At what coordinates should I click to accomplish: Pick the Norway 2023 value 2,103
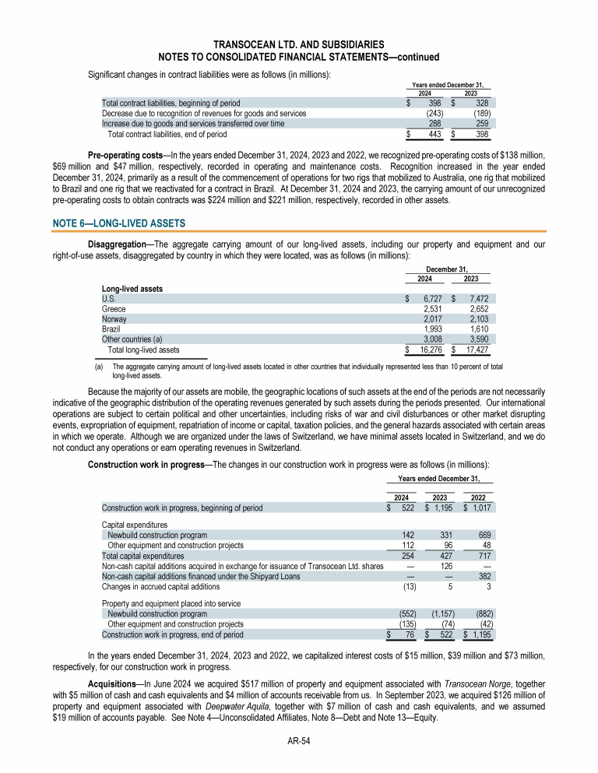[478, 318]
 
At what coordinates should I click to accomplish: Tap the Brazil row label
[111, 329]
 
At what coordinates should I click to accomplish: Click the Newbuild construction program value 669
[483, 536]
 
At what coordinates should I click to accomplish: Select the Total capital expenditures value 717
[484, 556]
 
